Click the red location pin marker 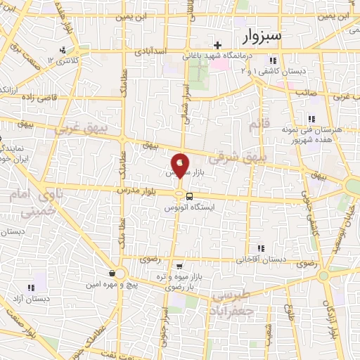[x=181, y=165]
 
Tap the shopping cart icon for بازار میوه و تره [x=180, y=266]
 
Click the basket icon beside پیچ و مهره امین [x=112, y=273]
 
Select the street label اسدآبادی [x=150, y=51]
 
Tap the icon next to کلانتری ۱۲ [x=63, y=50]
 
